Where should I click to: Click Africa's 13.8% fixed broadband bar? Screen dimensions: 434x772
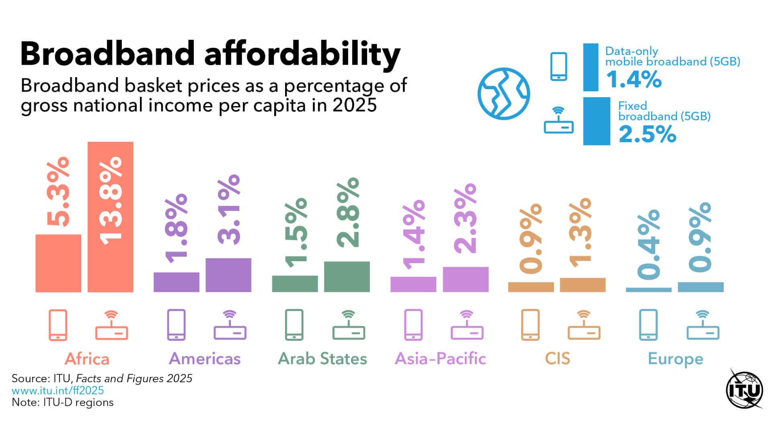pos(110,217)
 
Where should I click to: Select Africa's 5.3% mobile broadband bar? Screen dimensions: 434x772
pos(58,263)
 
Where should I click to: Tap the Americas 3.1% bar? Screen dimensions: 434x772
pos(228,275)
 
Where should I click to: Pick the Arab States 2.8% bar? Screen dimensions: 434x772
pos(347,276)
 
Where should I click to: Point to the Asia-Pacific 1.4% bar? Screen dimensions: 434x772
pos(413,284)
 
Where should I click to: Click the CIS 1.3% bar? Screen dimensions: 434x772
pos(583,285)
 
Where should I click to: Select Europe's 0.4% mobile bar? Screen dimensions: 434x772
pos(649,289)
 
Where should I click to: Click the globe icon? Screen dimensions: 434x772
pos(503,94)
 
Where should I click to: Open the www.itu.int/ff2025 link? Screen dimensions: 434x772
pos(57,390)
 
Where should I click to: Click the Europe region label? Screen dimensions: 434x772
pos(675,358)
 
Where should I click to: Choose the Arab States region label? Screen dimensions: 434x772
pos(322,358)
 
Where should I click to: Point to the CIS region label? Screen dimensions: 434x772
pos(557,358)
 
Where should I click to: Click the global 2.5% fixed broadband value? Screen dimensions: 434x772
pos(647,134)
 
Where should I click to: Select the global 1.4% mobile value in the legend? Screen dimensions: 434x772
pos(634,79)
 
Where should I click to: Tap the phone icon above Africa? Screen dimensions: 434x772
pos(58,325)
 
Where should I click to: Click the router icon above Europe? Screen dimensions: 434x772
pos(702,325)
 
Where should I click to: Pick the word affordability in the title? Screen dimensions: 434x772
pos(302,54)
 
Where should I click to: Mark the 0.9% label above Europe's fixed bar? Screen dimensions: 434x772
pos(700,237)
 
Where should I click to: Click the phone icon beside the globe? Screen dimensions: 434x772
pos(558,67)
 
